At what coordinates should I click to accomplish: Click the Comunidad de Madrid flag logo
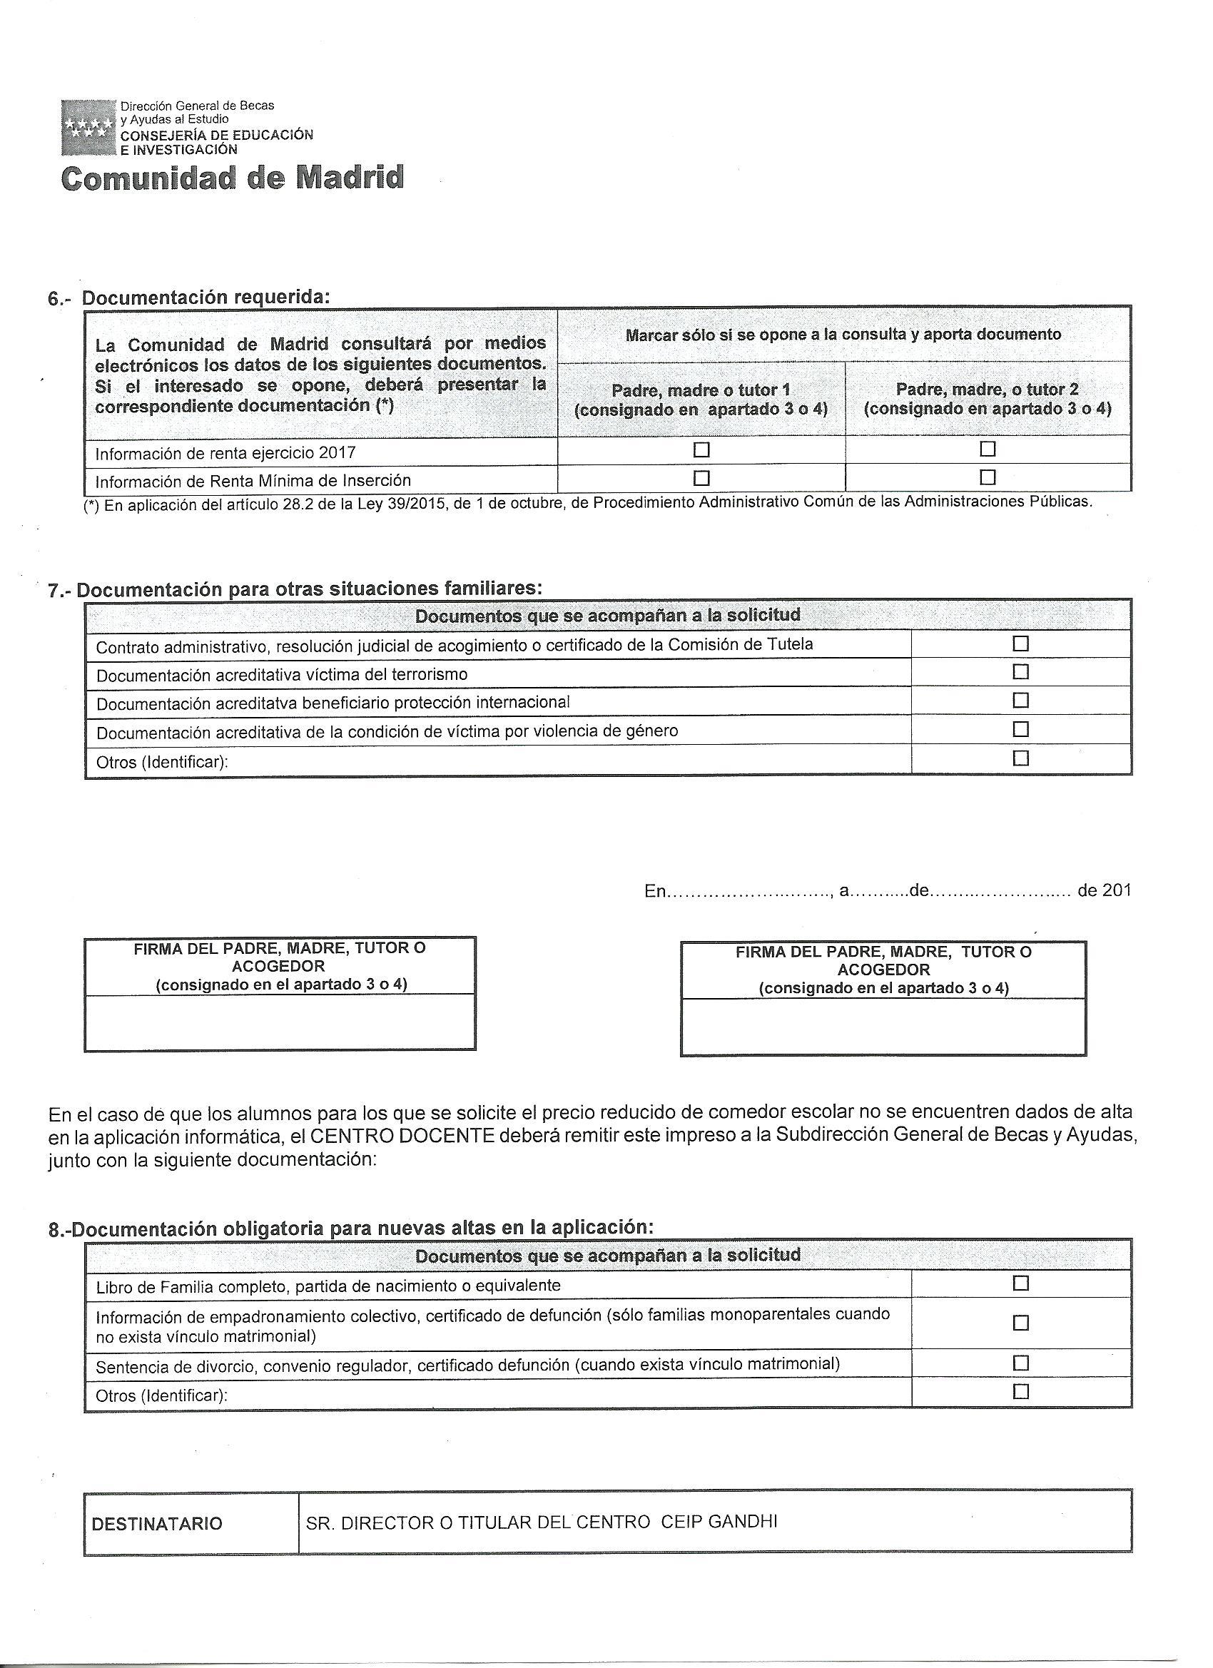[88, 127]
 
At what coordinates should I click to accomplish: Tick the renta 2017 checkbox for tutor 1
[702, 449]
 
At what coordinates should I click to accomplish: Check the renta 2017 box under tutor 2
[988, 449]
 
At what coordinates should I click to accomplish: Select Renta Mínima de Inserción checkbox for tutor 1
[702, 478]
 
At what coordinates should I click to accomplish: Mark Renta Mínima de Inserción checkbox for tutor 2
[988, 477]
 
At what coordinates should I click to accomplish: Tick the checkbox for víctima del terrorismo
[1020, 671]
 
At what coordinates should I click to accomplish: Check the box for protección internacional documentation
[1020, 700]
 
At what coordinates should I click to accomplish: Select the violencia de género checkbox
[1020, 729]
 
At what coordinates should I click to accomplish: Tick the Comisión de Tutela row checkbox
[1020, 644]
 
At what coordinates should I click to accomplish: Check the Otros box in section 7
[1020, 758]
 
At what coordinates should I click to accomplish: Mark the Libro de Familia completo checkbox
[1020, 1283]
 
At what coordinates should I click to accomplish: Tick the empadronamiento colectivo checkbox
[1020, 1322]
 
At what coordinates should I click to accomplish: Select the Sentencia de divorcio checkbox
[1020, 1363]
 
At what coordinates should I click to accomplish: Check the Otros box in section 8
[1020, 1391]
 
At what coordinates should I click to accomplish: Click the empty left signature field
[280, 1022]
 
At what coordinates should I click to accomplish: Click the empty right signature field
[883, 1026]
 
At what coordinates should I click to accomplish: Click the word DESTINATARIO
[157, 1523]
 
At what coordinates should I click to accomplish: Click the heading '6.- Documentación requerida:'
[189, 298]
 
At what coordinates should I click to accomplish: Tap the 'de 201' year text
[1103, 890]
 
